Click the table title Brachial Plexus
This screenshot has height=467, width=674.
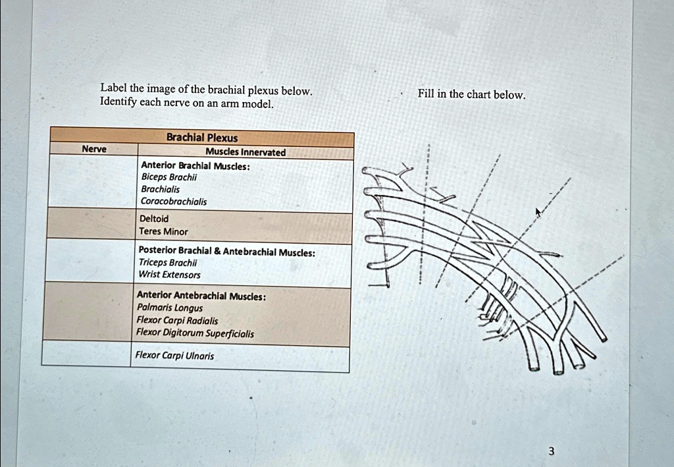point(202,138)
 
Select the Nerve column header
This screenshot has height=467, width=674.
point(94,150)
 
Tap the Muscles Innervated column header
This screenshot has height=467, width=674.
point(246,152)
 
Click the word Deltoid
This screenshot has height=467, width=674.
point(154,218)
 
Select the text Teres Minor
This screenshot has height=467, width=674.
point(163,231)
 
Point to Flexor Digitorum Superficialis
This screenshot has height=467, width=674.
point(194,333)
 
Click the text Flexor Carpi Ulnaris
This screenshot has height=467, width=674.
point(174,355)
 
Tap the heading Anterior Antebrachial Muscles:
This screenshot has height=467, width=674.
point(201,296)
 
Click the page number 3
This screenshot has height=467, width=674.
point(551,451)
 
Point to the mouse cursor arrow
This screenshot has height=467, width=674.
point(538,212)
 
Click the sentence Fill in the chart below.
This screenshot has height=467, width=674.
point(471,94)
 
